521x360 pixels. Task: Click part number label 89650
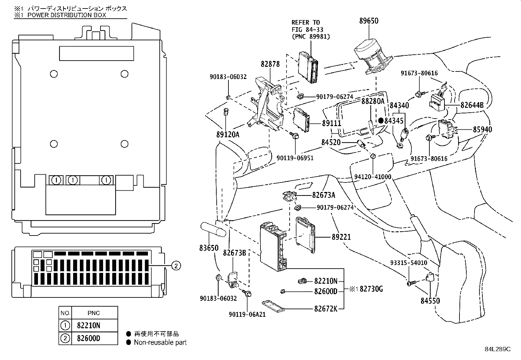368,21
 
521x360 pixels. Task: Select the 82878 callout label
270,64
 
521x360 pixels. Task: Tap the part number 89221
341,237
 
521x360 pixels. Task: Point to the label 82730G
371,289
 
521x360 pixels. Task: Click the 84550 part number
430,301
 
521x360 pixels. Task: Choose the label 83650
209,248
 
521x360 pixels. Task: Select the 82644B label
472,105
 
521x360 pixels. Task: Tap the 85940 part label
482,129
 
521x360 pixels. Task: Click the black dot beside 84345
381,121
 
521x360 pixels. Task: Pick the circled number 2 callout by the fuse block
176,266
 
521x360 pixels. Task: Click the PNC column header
94,313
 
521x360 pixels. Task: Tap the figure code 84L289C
497,349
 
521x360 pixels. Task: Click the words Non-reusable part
160,343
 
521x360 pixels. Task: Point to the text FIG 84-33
308,29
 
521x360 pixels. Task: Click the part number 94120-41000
373,177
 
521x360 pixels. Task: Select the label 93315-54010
408,263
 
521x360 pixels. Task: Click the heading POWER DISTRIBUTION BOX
67,15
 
